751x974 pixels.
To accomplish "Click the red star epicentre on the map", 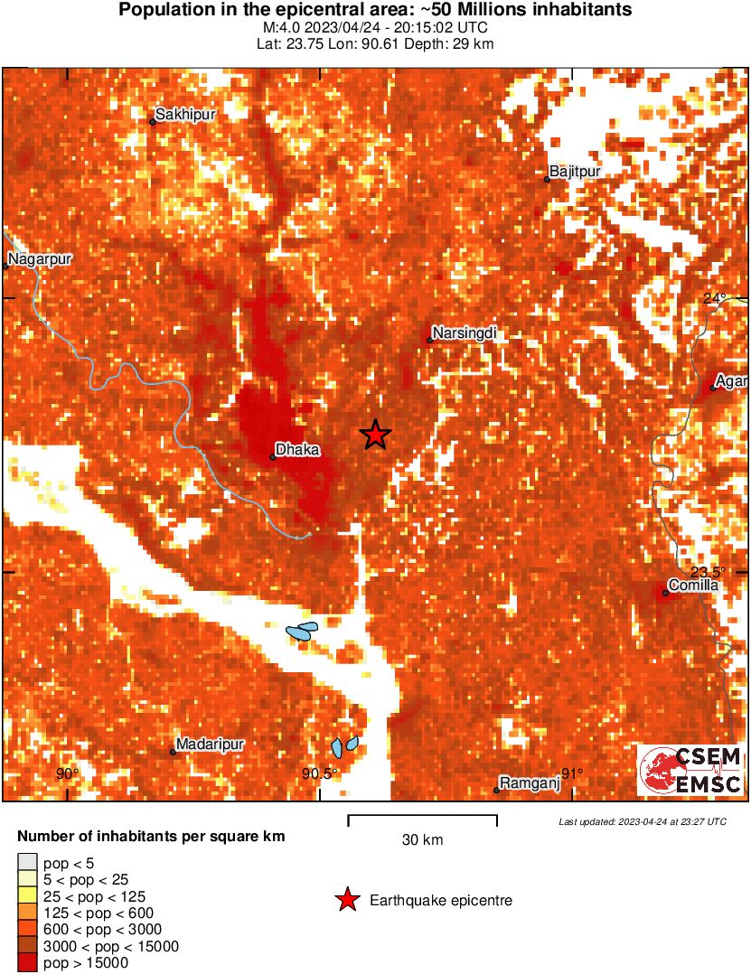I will [375, 435].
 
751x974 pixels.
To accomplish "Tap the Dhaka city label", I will [297, 449].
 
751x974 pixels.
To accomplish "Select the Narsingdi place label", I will [465, 333].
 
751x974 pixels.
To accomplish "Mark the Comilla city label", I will [693, 585].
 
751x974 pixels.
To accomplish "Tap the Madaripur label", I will [211, 744].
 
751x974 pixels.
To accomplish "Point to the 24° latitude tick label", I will [714, 298].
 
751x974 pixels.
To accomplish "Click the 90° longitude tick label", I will [67, 773].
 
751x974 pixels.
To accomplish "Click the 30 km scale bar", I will [422, 820].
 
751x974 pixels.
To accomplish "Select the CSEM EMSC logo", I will [691, 770].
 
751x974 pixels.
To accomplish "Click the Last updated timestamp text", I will [642, 821].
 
